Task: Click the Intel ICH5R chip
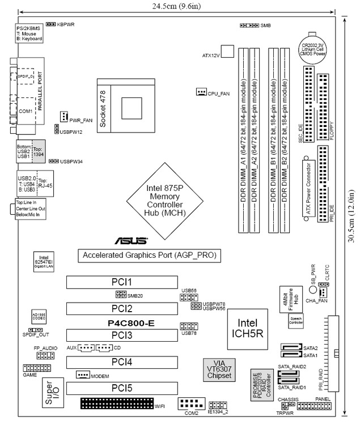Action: point(247,325)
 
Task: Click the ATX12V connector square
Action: point(227,52)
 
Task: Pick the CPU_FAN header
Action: point(201,92)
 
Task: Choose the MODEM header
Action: point(83,375)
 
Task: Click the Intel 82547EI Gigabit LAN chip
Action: point(43,262)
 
